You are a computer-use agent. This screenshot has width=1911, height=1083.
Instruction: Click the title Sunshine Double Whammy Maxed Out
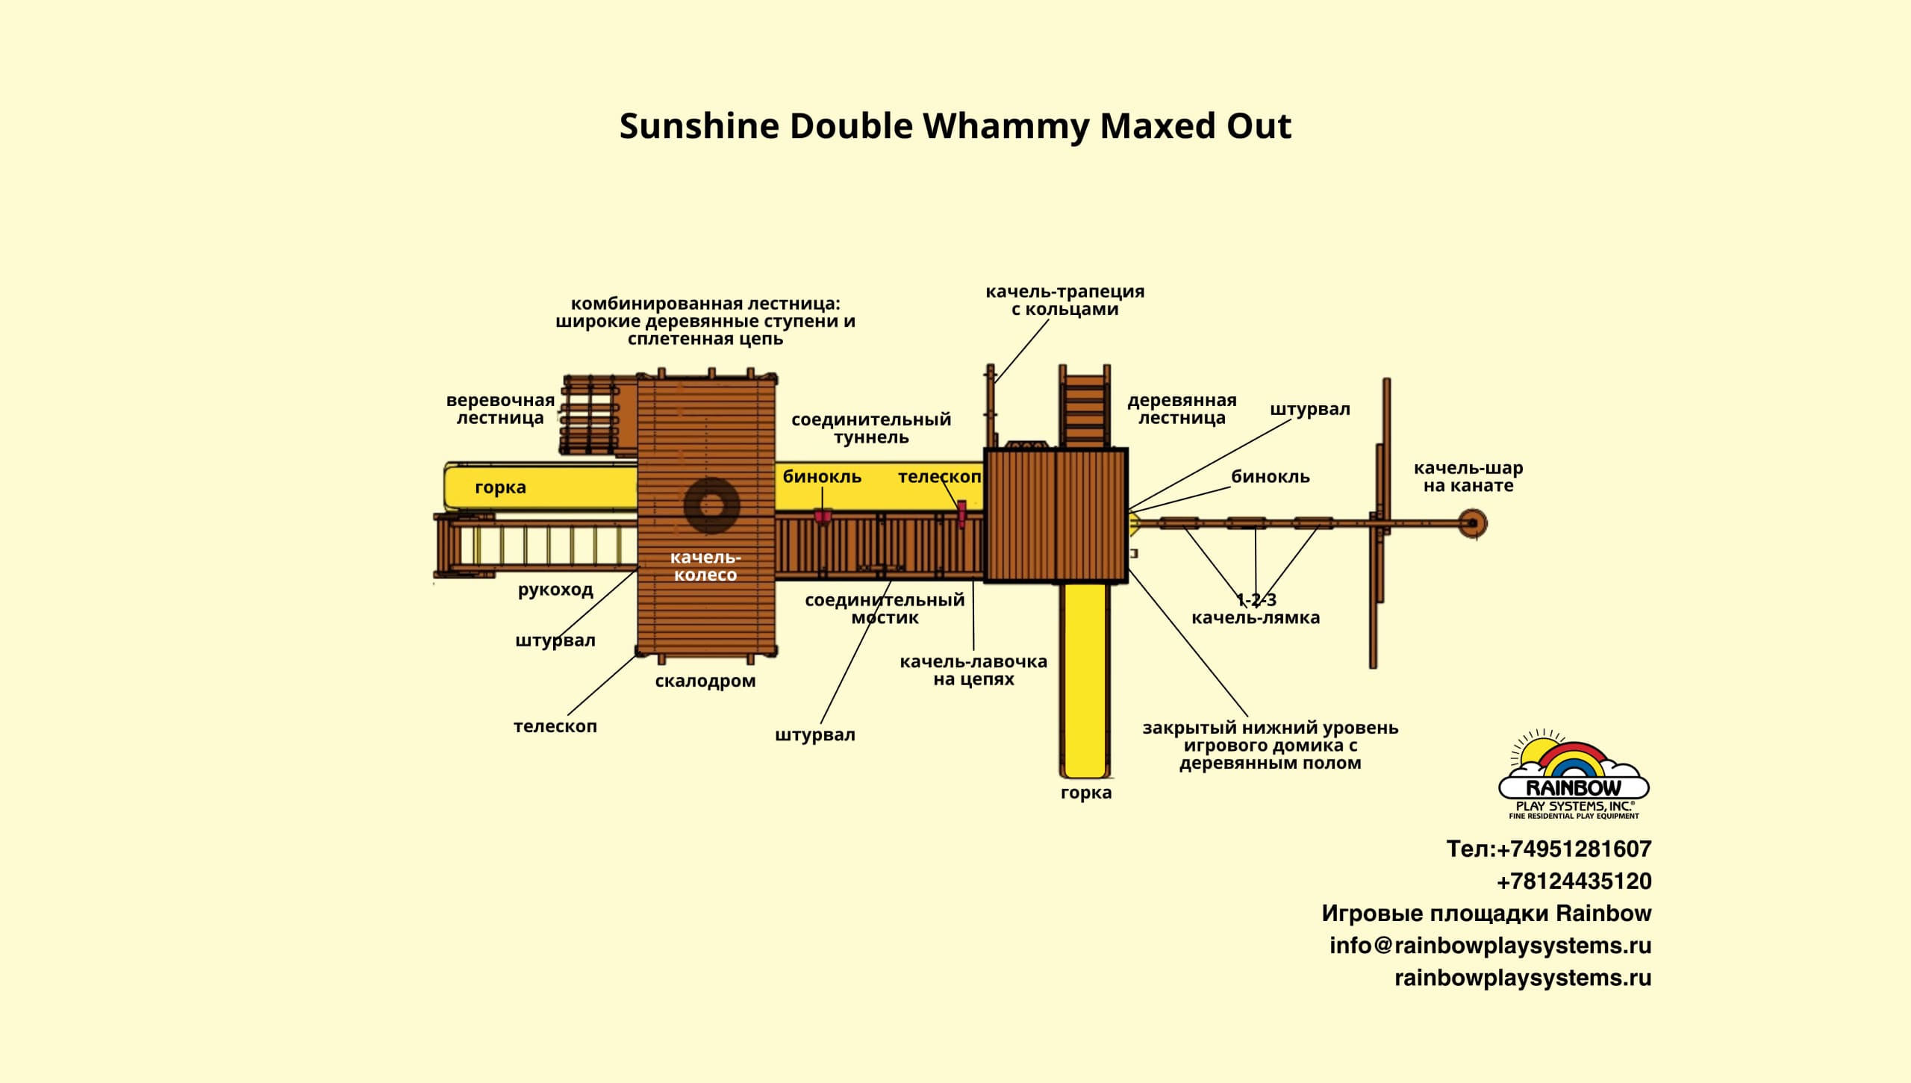955,126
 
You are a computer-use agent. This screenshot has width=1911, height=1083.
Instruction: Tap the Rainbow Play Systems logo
1574,776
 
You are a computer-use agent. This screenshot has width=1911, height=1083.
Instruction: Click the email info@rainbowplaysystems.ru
1490,946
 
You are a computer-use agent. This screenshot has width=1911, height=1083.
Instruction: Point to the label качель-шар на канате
1468,477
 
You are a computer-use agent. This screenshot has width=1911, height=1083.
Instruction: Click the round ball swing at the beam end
1473,523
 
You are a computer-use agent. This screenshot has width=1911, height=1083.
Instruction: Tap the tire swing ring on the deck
711,506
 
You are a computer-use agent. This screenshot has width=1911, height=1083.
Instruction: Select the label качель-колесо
705,566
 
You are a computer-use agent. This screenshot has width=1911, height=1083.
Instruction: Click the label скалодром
705,681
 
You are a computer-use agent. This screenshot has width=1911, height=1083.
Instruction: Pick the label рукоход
555,590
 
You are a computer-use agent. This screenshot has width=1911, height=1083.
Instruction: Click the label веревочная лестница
500,409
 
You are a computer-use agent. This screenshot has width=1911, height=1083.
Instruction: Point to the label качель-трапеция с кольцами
1064,300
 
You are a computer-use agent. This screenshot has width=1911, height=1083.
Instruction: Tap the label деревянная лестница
1182,409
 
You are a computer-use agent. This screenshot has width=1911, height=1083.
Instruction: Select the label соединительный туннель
871,428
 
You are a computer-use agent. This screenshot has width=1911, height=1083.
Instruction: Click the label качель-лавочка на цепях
973,670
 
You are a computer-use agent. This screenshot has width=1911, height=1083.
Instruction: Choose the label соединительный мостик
885,608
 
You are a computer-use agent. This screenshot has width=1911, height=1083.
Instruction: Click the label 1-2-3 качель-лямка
1256,609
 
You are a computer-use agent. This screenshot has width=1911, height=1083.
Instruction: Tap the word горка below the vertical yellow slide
1086,793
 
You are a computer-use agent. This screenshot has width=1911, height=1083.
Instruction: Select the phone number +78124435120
1574,881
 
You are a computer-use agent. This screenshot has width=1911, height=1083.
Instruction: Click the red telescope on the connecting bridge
961,513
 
